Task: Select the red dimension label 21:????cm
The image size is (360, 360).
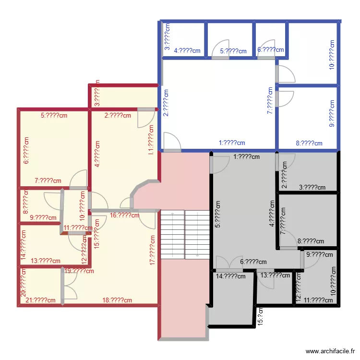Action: click(41, 300)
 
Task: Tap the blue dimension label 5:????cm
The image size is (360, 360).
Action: click(233, 51)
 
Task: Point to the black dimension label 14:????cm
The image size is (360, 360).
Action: click(231, 276)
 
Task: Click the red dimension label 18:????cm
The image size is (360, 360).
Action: click(117, 300)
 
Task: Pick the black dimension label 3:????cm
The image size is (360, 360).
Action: click(312, 188)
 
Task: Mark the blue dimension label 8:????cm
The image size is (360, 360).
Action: click(309, 143)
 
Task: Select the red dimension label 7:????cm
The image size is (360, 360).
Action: click(48, 181)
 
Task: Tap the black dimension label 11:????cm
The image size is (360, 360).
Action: click(318, 300)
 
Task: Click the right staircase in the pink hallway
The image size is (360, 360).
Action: click(197, 234)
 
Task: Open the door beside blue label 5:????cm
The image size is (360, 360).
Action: click(220, 50)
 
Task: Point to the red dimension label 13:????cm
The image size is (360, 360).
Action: click(46, 261)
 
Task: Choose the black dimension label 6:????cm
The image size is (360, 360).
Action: click(253, 262)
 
